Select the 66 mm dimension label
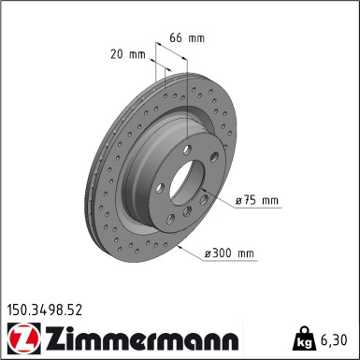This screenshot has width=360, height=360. tap(191, 38)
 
